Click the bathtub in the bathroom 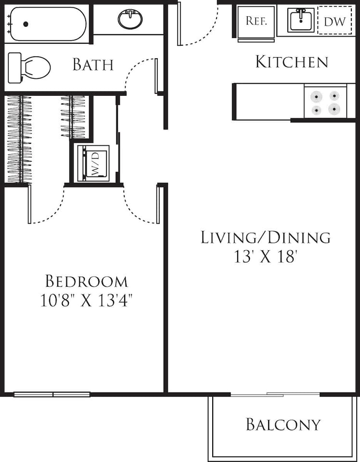click(48, 24)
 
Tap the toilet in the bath click(32, 67)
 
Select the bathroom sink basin click(130, 20)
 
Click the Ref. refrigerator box click(256, 21)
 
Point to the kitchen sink click(301, 20)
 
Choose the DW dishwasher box click(334, 21)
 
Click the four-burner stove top click(325, 103)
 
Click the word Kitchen click(291, 62)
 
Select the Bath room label click(93, 64)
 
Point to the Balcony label click(283, 424)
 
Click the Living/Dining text click(266, 237)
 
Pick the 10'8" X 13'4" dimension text click(87, 301)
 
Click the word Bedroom click(87, 281)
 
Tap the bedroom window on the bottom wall click(52, 395)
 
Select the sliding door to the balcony click(275, 395)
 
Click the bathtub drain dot click(26, 24)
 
